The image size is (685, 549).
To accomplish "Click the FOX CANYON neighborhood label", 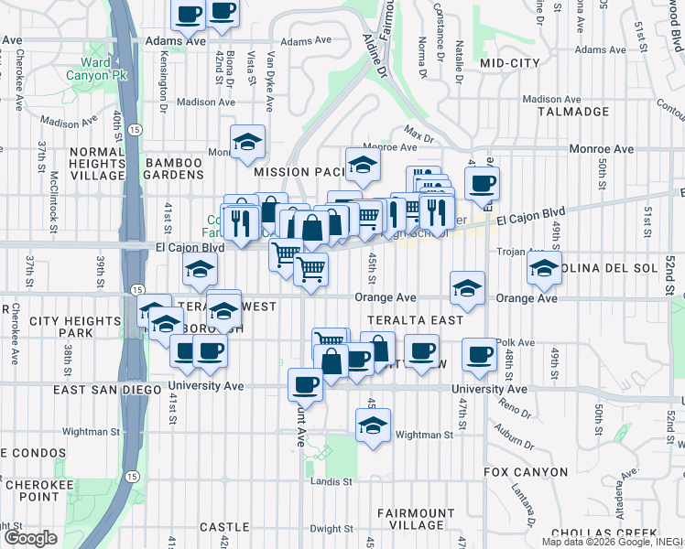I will point(525,472).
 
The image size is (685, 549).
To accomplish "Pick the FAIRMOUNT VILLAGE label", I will point(415,520).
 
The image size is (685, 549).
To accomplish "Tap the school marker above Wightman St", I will point(373,424).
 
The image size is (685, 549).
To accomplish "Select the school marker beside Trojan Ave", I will point(544,269).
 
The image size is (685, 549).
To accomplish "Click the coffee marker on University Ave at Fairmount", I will point(305,383).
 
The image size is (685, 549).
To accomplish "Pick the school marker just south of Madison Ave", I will point(247,141).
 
